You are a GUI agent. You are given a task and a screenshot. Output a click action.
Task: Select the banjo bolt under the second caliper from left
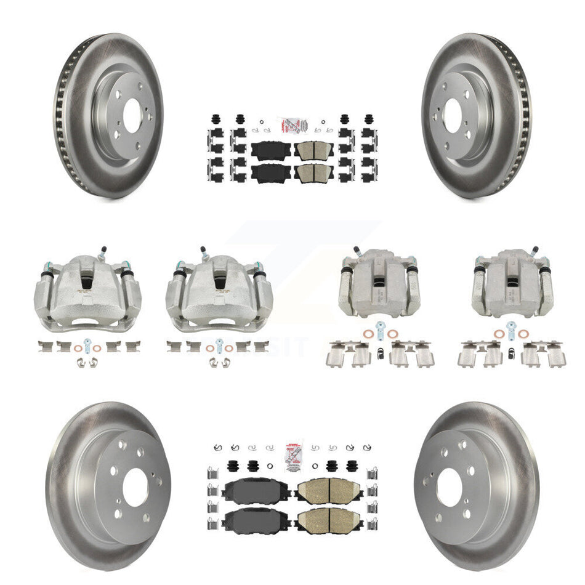(x=219, y=344)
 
